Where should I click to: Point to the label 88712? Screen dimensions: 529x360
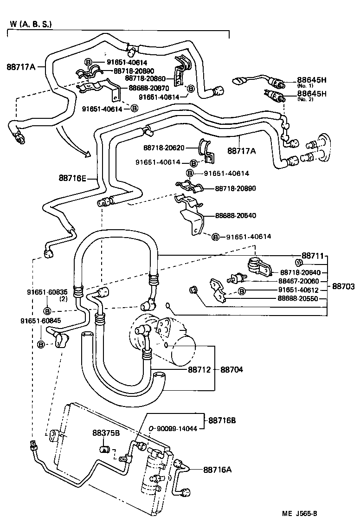click(x=199, y=370)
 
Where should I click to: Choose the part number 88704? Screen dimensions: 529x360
click(x=231, y=370)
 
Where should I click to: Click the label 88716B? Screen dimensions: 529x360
click(x=222, y=420)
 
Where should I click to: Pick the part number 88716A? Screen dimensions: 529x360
click(x=217, y=470)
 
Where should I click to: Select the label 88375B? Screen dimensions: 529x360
click(x=107, y=433)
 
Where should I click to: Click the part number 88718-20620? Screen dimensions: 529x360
click(x=164, y=148)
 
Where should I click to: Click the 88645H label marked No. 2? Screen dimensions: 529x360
click(x=312, y=94)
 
